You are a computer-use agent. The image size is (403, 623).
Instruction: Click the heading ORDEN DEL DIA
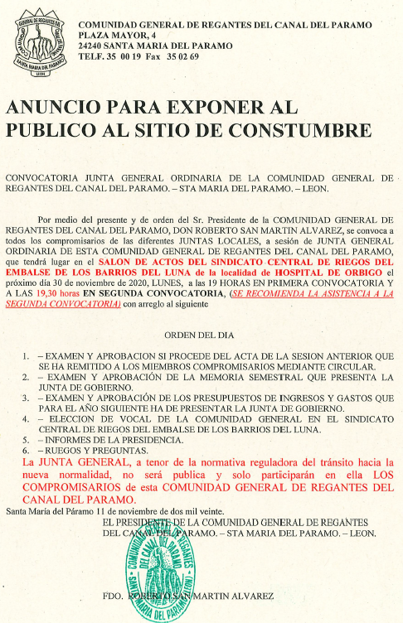tap(200, 336)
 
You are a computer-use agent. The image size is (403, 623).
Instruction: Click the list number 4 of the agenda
tap(28, 420)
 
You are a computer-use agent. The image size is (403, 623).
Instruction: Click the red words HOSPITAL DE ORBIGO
tap(332, 272)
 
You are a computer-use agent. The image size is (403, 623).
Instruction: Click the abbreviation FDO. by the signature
tap(114, 596)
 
